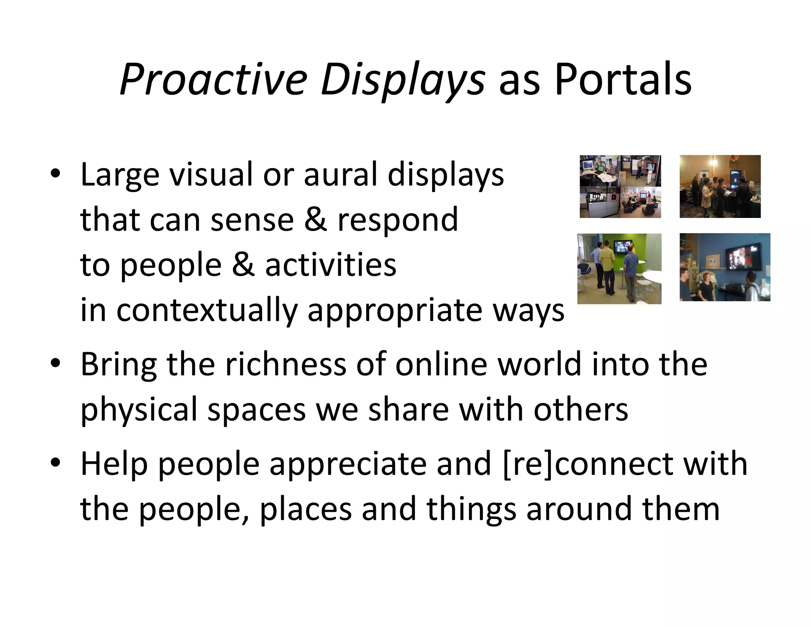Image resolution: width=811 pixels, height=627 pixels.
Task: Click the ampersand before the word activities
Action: point(243,265)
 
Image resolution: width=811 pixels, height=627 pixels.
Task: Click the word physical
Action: point(139,410)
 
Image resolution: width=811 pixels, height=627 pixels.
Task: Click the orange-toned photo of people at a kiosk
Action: point(720,186)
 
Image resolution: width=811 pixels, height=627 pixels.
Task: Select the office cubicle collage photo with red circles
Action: point(620,186)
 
